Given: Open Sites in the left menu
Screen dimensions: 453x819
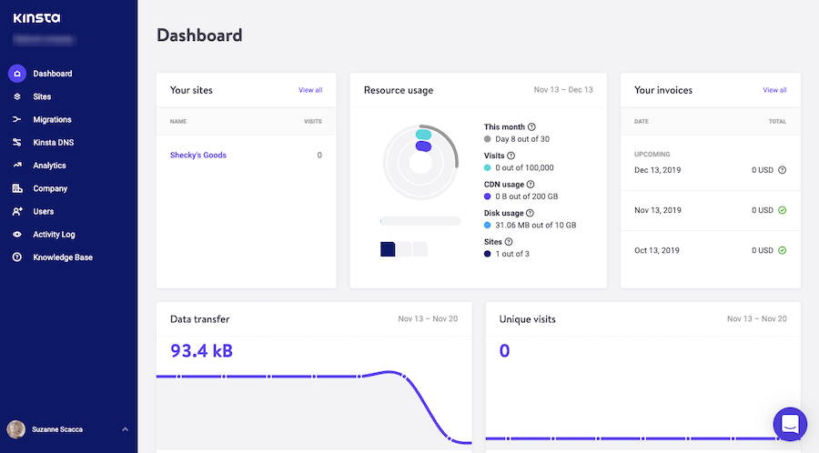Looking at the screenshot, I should click(42, 96).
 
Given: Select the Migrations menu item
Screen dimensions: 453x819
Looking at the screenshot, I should click(52, 119).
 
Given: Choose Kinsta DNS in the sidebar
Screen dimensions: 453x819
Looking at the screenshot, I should click(52, 143).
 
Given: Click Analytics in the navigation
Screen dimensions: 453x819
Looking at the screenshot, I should click(49, 166).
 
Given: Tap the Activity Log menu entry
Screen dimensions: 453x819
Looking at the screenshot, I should click(54, 235).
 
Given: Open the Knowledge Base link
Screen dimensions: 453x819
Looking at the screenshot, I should click(63, 257).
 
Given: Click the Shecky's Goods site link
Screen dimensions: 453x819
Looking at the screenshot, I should click(198, 156).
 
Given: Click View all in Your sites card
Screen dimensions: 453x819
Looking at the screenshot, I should click(310, 90).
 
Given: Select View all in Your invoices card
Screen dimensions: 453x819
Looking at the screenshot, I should click(774, 90).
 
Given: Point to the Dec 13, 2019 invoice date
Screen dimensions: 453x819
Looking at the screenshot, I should click(658, 170).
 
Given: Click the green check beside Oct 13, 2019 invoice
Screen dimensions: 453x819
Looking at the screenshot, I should click(783, 250).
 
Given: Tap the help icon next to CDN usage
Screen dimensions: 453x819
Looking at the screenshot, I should click(531, 185).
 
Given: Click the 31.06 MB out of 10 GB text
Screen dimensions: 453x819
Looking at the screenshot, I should click(536, 225).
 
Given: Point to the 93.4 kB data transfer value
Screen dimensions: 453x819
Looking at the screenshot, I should click(202, 350).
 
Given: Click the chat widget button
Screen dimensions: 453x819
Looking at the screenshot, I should click(789, 424).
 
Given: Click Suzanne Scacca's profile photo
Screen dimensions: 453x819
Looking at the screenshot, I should click(16, 428).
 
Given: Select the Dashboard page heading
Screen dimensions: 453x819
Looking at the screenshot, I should click(199, 35).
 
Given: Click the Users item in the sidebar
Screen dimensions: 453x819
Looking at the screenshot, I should click(44, 211).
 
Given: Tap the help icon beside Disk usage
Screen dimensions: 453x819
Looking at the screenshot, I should click(531, 213).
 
